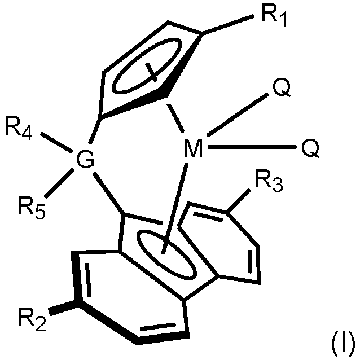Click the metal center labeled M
pyautogui.click(x=193, y=150)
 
